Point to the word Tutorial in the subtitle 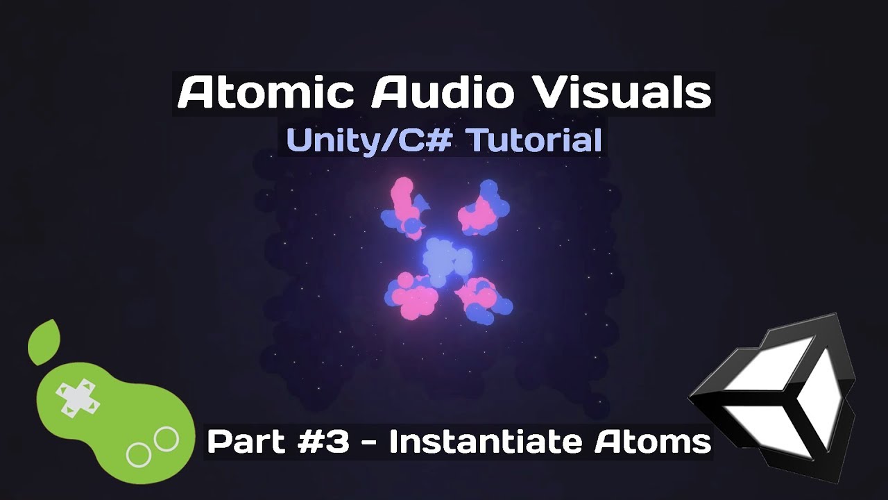533,141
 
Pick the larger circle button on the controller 166,439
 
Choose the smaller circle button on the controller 139,455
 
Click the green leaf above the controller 44,342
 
